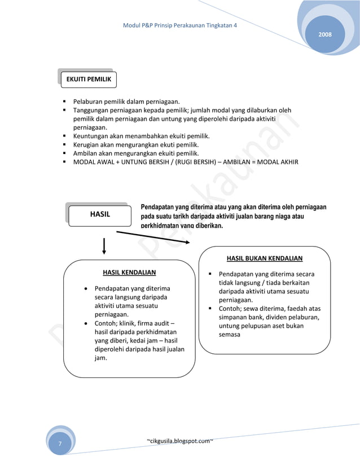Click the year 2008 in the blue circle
click(325, 35)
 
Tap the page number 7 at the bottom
click(60, 445)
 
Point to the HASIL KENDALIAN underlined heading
click(129, 272)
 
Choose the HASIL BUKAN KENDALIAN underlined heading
click(264, 258)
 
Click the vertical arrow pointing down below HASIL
click(104, 246)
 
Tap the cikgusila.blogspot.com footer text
click(179, 439)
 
